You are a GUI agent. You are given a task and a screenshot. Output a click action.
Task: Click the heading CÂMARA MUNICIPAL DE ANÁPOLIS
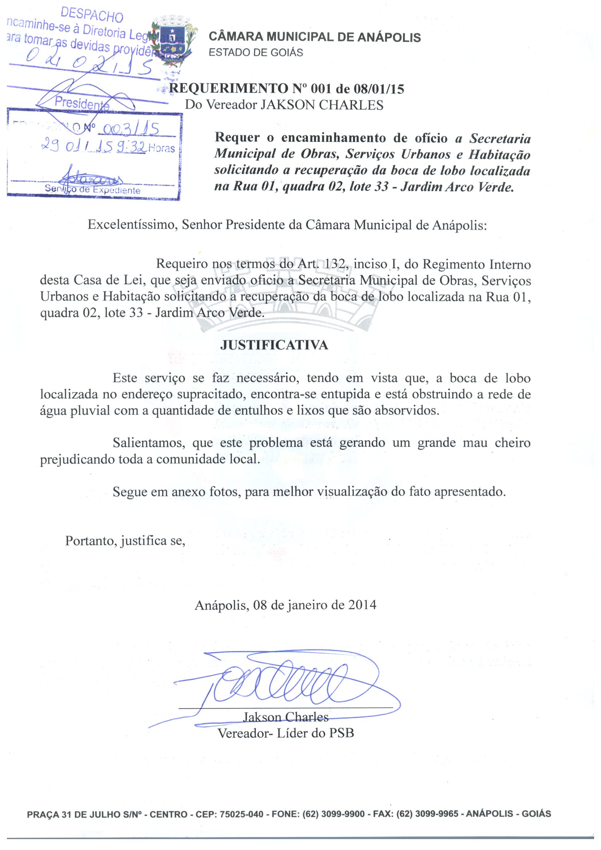point(315,37)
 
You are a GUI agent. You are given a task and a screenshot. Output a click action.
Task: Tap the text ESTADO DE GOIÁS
point(256,53)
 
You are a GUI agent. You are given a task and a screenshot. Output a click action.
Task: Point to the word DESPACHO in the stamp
point(92,15)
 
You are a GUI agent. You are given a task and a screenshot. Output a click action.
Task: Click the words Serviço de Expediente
point(93,190)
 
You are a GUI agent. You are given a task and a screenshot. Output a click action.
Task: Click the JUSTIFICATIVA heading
point(274,345)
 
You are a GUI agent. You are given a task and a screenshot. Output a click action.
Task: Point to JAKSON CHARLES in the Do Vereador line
point(322,105)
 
